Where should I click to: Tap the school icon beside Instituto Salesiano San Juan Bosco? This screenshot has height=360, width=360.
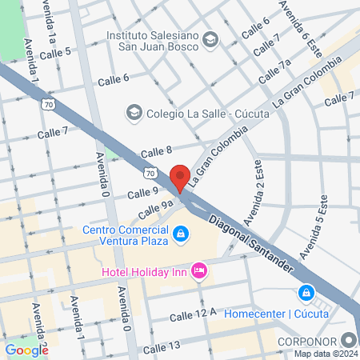click(210, 38)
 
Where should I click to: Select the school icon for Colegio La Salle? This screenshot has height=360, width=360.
click(134, 113)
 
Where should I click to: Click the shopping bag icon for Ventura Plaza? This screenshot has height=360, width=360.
click(182, 233)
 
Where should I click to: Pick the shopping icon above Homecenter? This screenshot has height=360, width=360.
click(306, 294)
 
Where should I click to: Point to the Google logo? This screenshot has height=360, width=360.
click(26, 350)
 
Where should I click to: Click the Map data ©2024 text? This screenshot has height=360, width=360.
click(326, 354)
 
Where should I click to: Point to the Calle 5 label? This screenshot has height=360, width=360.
click(56, 52)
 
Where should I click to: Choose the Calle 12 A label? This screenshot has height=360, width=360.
click(193, 317)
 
